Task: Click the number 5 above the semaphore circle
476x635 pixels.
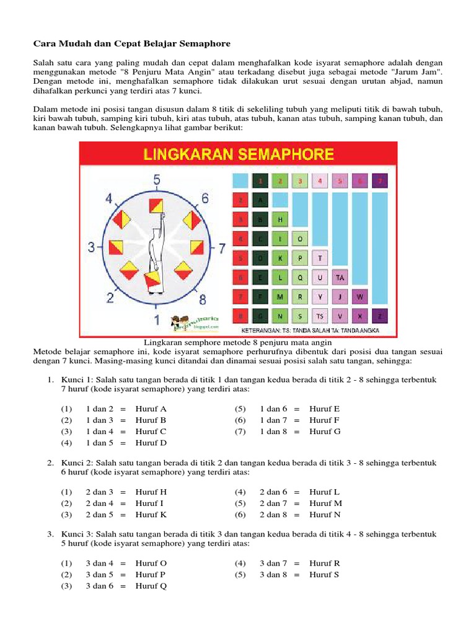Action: pos(157,180)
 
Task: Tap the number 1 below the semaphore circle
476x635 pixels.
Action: pos(157,320)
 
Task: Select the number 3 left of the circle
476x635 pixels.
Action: pos(91,248)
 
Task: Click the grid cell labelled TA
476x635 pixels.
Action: pos(340,278)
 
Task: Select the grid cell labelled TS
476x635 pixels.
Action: pos(320,316)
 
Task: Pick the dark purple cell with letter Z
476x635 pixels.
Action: pos(380,316)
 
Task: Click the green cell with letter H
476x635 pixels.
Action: pos(280,220)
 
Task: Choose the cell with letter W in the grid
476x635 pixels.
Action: pos(359,297)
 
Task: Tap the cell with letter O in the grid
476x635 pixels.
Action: pos(300,239)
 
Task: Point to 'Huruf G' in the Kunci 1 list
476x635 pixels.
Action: pos(325,432)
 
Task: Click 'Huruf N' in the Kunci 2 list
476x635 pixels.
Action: pos(325,515)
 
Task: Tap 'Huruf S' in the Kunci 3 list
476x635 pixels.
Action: pos(325,575)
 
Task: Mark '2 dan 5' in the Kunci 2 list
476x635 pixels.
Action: pos(99,515)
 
